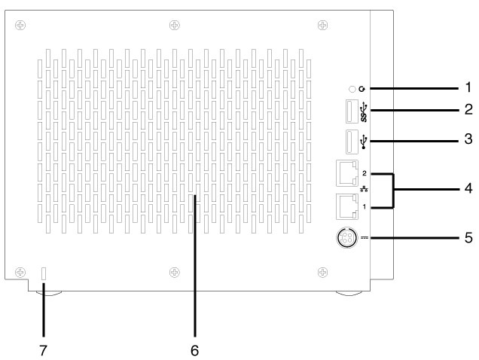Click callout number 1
coord(468,88)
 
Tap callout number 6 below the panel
coord(194,351)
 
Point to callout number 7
coord(43,351)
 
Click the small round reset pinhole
coord(352,89)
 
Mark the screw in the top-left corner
coord(20,24)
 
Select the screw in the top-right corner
coord(322,24)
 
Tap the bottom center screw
coord(174,271)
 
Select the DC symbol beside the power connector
coord(365,239)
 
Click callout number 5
coord(468,239)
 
